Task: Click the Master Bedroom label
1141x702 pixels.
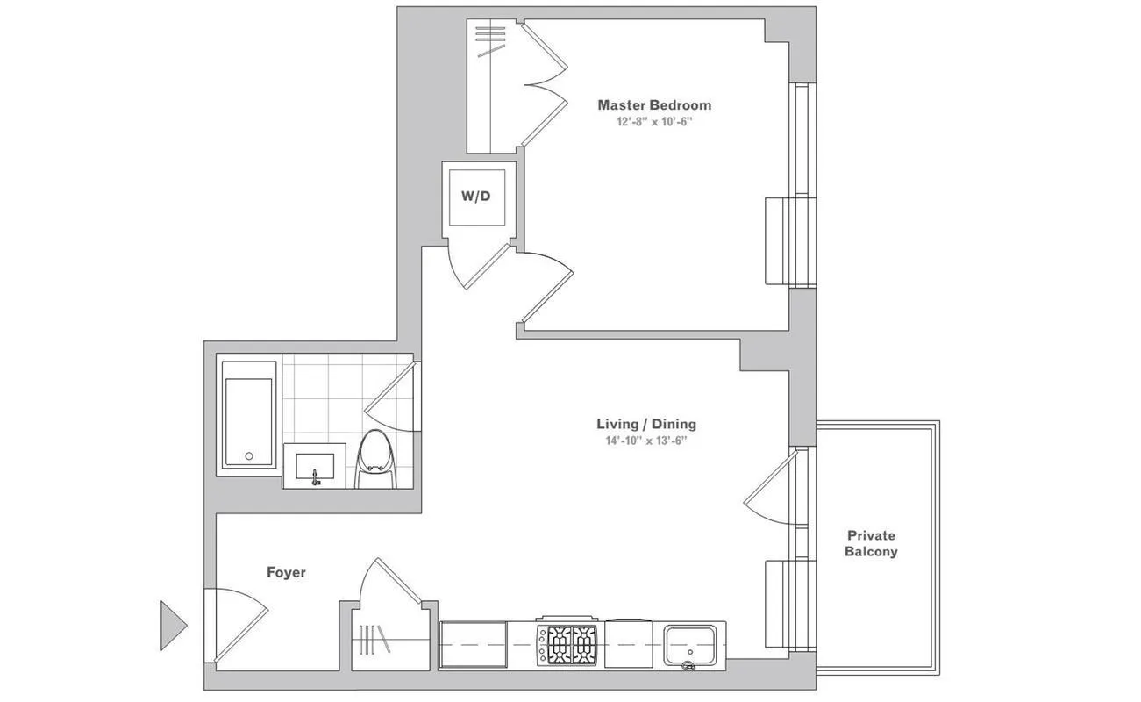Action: (654, 104)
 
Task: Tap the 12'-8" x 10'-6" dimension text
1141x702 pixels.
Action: (654, 122)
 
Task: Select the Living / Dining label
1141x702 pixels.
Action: (646, 424)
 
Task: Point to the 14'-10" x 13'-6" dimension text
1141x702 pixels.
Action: (646, 441)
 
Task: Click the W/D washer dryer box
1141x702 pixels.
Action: (476, 196)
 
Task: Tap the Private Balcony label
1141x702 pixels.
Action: (871, 543)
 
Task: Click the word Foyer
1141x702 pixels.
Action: (286, 572)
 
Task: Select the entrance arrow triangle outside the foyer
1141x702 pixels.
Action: (172, 625)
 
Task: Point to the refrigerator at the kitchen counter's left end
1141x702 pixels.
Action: (474, 645)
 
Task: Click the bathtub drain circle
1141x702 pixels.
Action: (249, 456)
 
